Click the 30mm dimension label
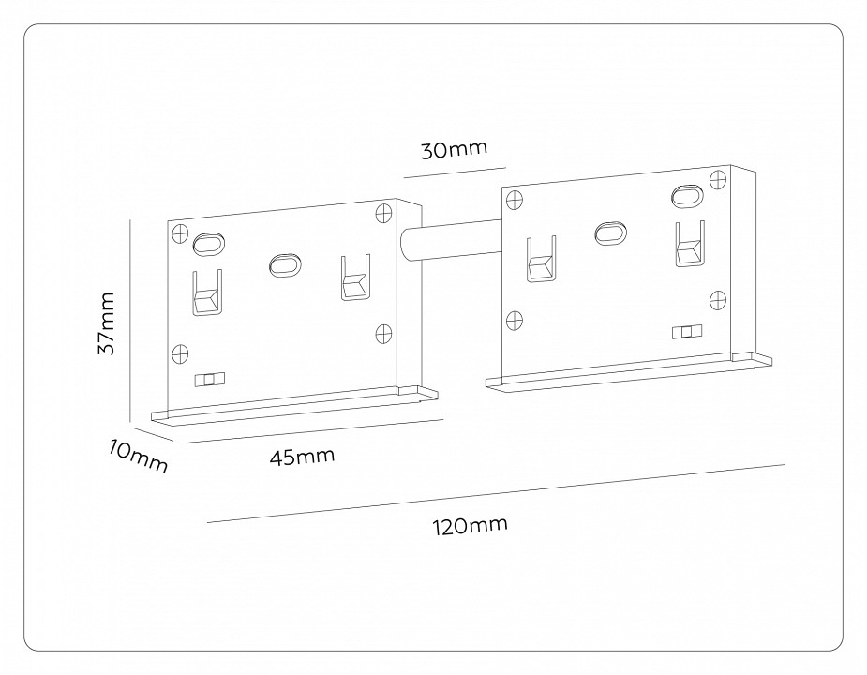pyautogui.click(x=455, y=150)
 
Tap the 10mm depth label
pyautogui.click(x=138, y=455)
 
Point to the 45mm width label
pyautogui.click(x=302, y=457)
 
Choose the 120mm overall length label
pyautogui.click(x=470, y=527)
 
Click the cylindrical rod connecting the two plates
pyautogui.click(x=450, y=242)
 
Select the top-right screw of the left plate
pyautogui.click(x=383, y=212)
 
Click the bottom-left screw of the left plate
pyautogui.click(x=180, y=352)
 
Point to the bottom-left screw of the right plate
pyautogui.click(x=515, y=320)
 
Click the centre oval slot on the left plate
pyautogui.click(x=282, y=265)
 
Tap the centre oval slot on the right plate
pyautogui.click(x=610, y=232)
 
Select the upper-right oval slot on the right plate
pyautogui.click(x=685, y=196)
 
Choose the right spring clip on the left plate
pyautogui.click(x=354, y=279)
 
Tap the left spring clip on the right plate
pyautogui.click(x=541, y=259)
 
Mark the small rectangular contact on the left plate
pyautogui.click(x=209, y=379)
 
